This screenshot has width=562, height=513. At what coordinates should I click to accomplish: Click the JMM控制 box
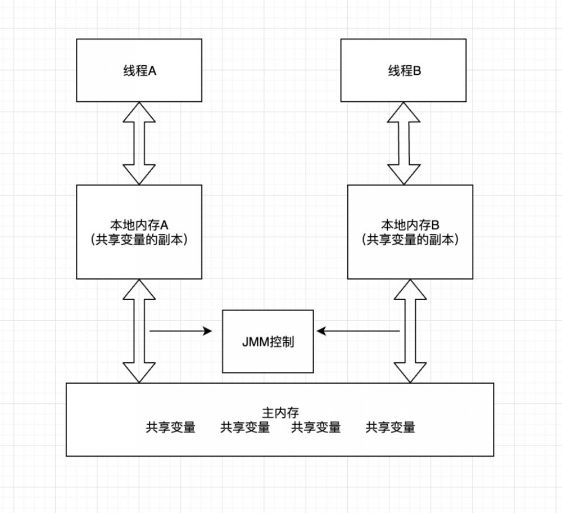point(268,341)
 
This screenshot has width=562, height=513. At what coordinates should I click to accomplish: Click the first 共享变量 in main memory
point(171,427)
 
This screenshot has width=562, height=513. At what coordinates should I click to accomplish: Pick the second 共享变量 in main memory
point(244,427)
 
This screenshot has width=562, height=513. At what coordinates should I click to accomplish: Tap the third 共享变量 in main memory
point(316,427)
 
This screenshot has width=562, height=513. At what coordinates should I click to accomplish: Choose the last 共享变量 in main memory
point(390,427)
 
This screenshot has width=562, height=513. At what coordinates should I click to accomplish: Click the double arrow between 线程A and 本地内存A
point(139,143)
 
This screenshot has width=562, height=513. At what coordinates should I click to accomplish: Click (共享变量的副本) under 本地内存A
point(139,239)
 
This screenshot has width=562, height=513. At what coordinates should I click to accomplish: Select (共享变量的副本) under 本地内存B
point(410,239)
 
